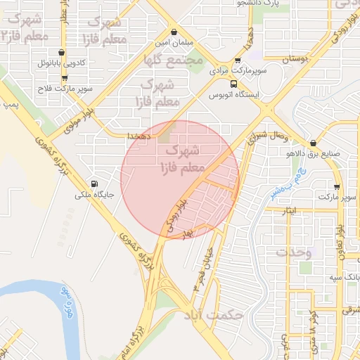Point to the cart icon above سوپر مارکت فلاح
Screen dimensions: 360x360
64,78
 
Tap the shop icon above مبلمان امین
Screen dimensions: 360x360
174,32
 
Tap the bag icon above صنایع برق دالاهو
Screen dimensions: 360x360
313,143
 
